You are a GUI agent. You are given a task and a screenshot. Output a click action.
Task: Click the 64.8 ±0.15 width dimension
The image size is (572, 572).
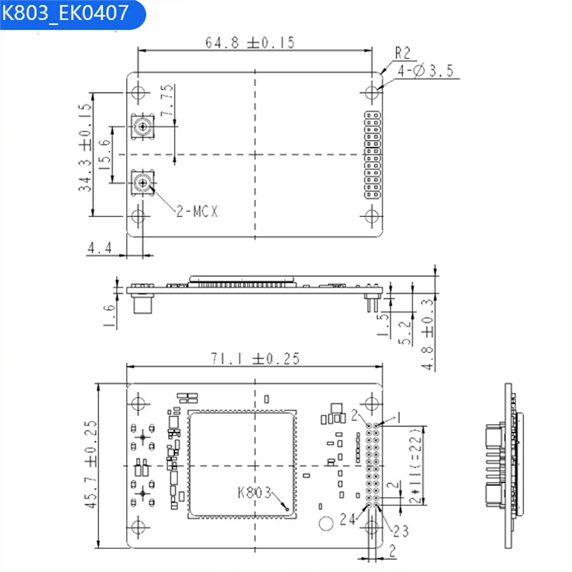(x=250, y=43)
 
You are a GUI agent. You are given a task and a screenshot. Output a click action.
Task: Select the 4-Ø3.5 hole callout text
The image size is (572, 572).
(x=425, y=70)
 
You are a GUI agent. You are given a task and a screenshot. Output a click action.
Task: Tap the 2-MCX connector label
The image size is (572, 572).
(x=197, y=211)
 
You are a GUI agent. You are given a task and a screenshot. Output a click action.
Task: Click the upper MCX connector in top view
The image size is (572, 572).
(x=142, y=127)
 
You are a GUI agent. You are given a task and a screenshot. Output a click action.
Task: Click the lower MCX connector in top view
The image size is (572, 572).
(x=142, y=182)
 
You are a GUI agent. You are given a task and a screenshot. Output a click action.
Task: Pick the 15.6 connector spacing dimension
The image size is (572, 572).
(x=104, y=154)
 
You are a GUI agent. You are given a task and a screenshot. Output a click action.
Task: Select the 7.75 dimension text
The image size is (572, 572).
(x=167, y=100)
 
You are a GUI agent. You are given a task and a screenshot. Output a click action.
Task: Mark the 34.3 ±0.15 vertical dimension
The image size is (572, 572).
(x=85, y=147)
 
